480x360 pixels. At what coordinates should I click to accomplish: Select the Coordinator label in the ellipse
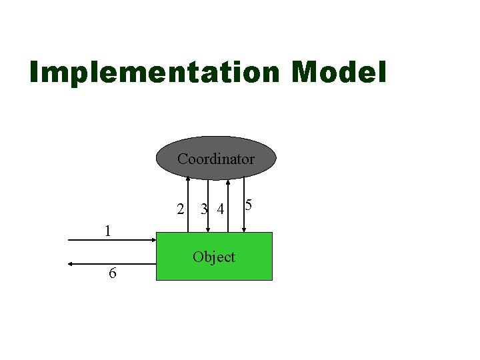tap(215, 159)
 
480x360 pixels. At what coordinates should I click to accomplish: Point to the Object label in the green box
tap(214, 257)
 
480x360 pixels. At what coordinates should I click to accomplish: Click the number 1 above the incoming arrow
tap(107, 231)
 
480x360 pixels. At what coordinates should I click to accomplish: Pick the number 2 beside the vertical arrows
tap(180, 209)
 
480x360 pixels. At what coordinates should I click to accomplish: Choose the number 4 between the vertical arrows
tap(220, 210)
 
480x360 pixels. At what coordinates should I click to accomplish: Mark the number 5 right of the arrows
tap(248, 205)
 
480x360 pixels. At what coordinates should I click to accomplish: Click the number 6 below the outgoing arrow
tap(113, 273)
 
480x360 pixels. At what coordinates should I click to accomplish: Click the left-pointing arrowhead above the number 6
tap(70, 264)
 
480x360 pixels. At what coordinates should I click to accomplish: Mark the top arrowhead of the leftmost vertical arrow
tap(188, 178)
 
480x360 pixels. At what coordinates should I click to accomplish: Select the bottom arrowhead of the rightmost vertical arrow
tap(245, 230)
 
